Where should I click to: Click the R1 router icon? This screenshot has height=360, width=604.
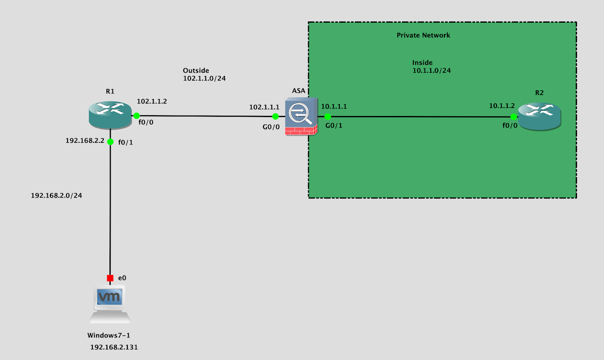click(110, 114)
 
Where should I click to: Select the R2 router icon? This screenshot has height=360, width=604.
click(539, 116)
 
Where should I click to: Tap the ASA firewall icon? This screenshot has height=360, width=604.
click(301, 116)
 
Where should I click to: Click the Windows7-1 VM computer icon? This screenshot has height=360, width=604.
click(110, 304)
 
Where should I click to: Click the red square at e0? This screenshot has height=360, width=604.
click(110, 278)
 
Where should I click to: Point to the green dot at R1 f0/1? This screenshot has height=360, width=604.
click(110, 142)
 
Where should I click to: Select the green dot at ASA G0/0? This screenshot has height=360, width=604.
click(276, 116)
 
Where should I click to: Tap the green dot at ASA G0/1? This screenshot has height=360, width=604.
click(328, 116)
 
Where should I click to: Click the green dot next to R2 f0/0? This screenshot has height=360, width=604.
click(513, 117)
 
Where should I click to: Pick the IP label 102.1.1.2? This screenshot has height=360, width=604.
click(152, 101)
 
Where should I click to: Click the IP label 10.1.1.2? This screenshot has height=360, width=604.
click(502, 106)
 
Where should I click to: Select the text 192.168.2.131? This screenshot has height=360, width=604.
click(114, 347)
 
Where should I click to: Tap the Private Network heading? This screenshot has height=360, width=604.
click(423, 35)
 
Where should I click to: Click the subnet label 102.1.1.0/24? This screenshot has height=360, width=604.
click(204, 79)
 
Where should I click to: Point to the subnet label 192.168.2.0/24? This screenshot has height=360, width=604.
click(56, 195)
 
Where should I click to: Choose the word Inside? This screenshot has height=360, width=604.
click(422, 63)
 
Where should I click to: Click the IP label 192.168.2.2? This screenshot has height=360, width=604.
click(85, 141)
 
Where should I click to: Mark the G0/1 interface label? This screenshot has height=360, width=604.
click(334, 125)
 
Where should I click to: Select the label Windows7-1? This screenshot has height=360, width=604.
click(109, 335)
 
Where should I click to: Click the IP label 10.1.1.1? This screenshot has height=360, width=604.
click(334, 107)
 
